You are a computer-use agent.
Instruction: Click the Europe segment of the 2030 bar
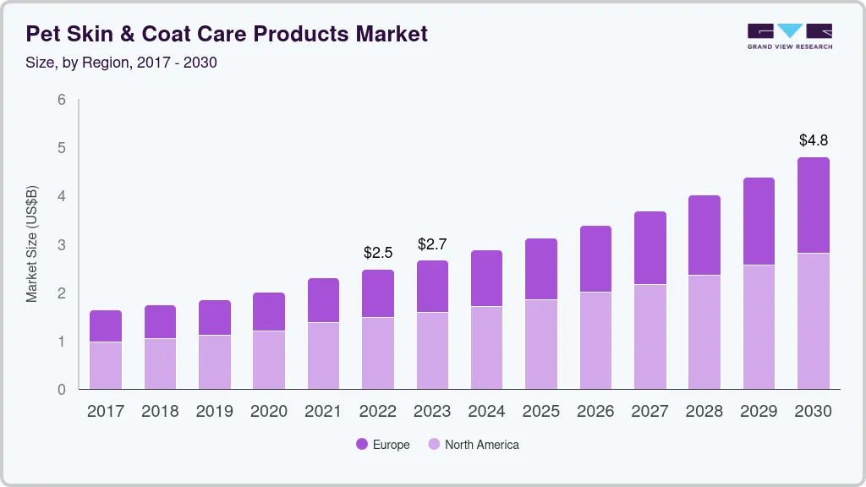pos(814,205)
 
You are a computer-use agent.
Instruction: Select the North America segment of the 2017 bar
pos(106,365)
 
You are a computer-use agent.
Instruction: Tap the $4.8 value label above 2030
pos(814,140)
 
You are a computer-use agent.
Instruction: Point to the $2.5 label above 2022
pos(378,253)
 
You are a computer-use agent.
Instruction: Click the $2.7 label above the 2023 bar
pos(432,244)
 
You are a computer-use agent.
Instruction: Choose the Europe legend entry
pos(383,444)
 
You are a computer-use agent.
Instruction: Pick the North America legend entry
pos(473,444)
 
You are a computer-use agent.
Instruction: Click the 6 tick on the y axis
pos(62,100)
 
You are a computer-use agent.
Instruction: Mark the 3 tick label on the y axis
pos(62,245)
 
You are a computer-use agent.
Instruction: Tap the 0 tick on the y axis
pos(62,390)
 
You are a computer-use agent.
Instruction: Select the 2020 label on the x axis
pos(269,412)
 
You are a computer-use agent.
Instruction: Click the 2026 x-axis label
pos(595,412)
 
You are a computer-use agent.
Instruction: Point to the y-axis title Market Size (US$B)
pos(32,244)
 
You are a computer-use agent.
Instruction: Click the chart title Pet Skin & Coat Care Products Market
pos(227,34)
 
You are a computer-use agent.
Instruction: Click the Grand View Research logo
pos(789,36)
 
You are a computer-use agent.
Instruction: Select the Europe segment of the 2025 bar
pos(541,269)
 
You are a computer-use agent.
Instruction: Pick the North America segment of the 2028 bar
pos(704,332)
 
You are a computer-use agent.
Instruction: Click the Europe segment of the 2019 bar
pos(215,318)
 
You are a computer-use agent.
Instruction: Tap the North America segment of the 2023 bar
pos(432,351)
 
